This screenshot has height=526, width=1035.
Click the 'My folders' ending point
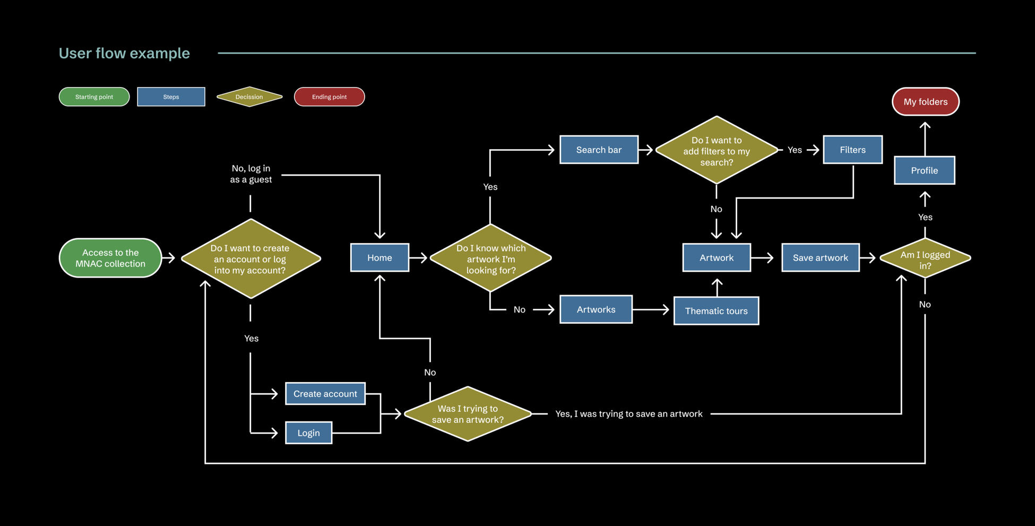(925, 101)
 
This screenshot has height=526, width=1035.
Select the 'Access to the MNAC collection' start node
(110, 258)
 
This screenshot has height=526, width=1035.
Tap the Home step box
(379, 257)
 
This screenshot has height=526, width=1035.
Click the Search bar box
(599, 150)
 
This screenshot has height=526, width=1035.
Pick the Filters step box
(852, 150)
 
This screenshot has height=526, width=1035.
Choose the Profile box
(924, 170)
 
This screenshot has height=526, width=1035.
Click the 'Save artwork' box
(820, 257)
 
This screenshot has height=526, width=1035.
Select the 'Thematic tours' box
(716, 311)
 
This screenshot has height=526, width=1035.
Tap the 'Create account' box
(325, 394)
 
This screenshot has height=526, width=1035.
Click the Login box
(308, 433)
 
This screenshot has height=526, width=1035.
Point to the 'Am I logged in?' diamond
(925, 258)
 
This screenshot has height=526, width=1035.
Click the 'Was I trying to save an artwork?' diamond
(468, 414)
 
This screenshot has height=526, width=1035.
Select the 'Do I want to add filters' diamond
(716, 151)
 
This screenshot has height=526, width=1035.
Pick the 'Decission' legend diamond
(249, 97)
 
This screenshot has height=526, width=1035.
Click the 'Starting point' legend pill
(94, 97)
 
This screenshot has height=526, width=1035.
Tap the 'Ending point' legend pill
(329, 97)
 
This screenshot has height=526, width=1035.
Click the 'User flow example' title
(124, 53)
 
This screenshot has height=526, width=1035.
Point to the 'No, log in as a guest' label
(251, 174)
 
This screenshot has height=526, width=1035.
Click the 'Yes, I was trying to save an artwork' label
(628, 414)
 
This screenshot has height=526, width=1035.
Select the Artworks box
(596, 309)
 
